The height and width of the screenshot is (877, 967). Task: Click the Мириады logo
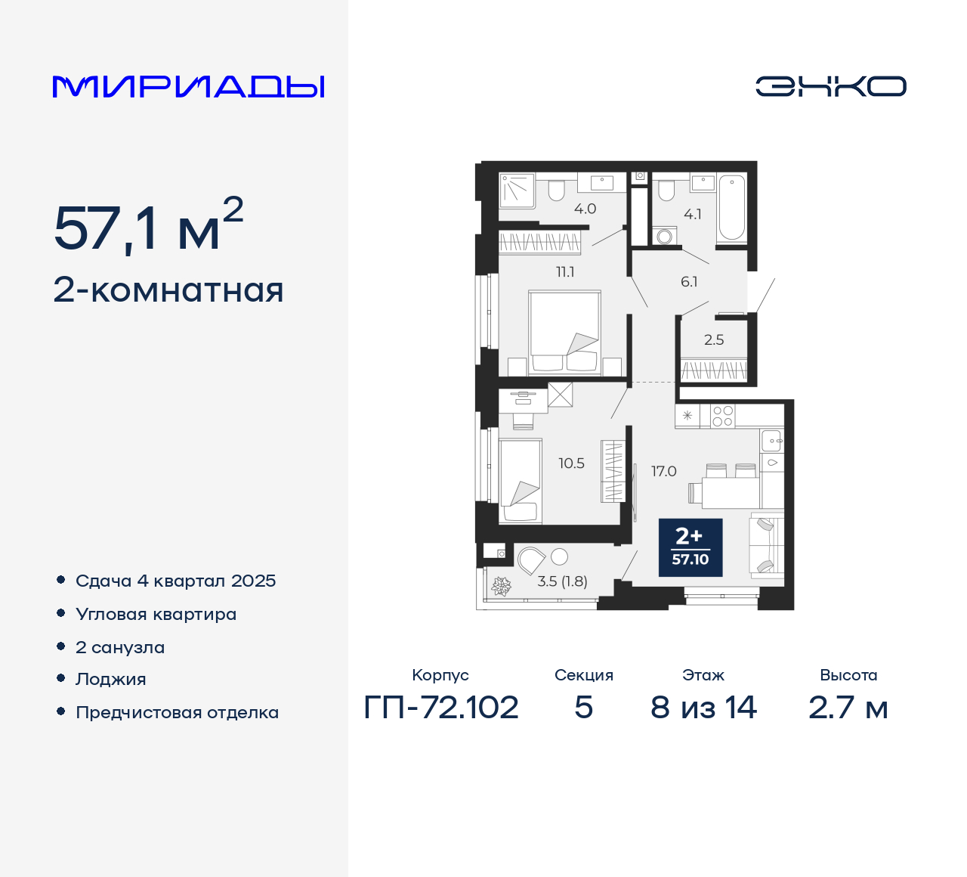click(189, 87)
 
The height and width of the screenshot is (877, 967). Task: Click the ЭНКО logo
click(830, 86)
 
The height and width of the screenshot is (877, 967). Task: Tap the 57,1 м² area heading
click(148, 226)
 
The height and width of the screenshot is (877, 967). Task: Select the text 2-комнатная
click(168, 290)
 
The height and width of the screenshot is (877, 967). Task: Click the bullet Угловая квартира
click(156, 614)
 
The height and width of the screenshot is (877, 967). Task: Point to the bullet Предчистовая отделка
click(177, 712)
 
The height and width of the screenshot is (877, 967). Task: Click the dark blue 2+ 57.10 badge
click(690, 547)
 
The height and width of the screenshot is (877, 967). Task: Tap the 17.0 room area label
click(663, 471)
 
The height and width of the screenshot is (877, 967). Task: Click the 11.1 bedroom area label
click(565, 271)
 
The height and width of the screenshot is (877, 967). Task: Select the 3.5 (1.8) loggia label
click(562, 581)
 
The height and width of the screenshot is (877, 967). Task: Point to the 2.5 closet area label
click(713, 339)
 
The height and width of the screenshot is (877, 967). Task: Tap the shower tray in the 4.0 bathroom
click(517, 190)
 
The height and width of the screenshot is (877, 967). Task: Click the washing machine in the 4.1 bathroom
click(664, 236)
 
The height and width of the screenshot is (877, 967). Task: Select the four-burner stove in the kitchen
click(722, 416)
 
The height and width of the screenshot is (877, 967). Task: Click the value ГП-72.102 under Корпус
click(441, 708)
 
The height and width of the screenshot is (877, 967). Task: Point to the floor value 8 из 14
click(703, 708)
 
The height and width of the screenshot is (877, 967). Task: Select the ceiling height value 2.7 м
click(848, 708)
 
